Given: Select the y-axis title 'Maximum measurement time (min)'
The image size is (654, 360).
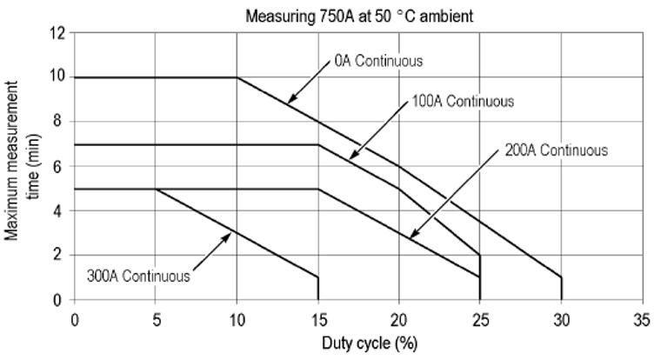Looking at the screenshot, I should [x=21, y=166].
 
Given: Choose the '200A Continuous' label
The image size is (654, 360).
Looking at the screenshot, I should [x=556, y=150].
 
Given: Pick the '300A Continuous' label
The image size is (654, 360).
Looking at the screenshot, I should [x=139, y=277].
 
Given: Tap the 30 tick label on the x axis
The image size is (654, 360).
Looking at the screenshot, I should [x=561, y=318].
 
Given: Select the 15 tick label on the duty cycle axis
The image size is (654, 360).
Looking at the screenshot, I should [x=318, y=318].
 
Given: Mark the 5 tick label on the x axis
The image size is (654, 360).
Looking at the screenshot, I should [x=156, y=318].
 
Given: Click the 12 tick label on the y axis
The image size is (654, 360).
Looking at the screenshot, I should [x=58, y=33].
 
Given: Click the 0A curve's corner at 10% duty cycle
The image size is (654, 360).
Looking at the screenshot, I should [x=237, y=77].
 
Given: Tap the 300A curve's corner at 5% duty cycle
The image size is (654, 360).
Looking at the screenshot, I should [x=157, y=189].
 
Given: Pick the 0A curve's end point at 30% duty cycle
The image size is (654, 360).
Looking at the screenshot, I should [x=561, y=277].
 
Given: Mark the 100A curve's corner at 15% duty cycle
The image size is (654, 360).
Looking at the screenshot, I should [x=318, y=144].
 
